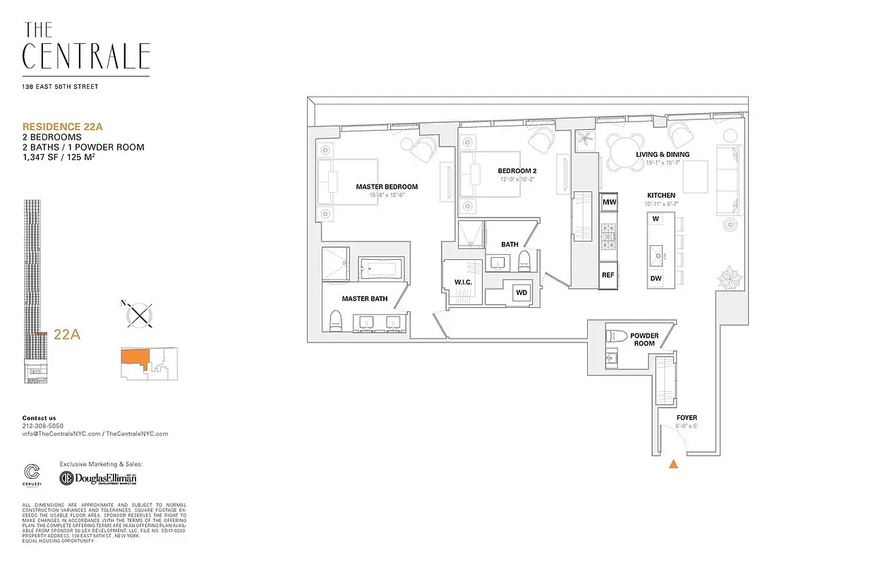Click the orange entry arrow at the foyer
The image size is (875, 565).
[674, 464]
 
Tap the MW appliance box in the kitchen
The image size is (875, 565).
[609, 203]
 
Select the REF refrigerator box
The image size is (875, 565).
[608, 275]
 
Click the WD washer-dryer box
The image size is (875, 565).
[521, 292]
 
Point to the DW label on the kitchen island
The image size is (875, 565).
[656, 278]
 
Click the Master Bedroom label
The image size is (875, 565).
[387, 187]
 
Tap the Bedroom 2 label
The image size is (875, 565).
[517, 171]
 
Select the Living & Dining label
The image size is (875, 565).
[663, 155]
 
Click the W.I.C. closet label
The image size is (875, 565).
[463, 282]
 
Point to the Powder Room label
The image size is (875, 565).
[644, 340]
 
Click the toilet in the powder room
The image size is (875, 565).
[616, 336]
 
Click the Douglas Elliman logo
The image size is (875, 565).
[98, 478]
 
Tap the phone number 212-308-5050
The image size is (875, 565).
[42, 426]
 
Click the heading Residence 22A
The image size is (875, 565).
[63, 126]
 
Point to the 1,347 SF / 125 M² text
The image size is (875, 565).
[69, 157]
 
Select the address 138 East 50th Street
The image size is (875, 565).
[60, 87]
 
